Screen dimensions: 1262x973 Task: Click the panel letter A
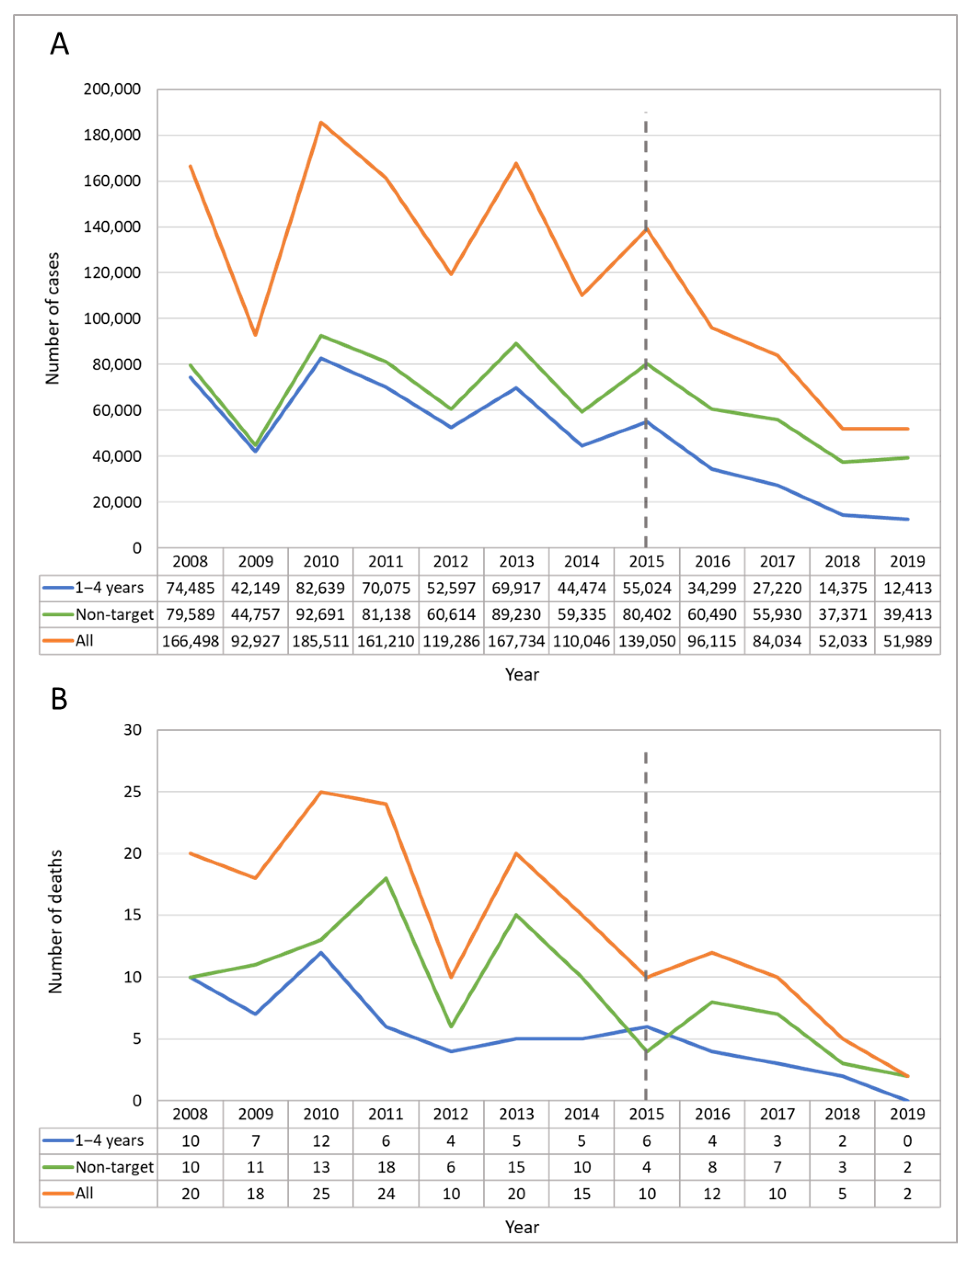click(x=59, y=44)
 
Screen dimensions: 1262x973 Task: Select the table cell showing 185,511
click(x=320, y=641)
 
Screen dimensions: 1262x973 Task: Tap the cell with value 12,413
click(x=907, y=588)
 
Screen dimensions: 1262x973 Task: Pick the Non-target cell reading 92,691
click(x=320, y=614)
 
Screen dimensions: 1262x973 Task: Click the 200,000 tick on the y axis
click(x=112, y=89)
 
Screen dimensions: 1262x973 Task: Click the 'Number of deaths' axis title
click(x=55, y=922)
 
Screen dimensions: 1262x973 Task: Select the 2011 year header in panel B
click(x=386, y=1114)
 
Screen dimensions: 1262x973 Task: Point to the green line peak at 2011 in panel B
click(x=386, y=878)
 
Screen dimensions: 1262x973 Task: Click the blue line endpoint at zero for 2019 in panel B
click(x=907, y=1101)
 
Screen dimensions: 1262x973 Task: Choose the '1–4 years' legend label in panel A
click(x=109, y=588)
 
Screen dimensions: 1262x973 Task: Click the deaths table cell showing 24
click(x=386, y=1194)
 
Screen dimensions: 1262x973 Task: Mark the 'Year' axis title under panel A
click(x=522, y=674)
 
